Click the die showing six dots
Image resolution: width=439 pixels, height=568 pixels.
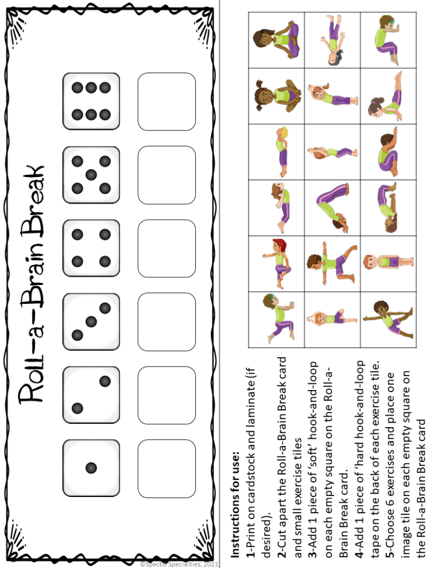click(91, 102)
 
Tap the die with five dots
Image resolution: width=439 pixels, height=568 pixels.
click(91, 175)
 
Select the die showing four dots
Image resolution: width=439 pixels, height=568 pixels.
click(91, 248)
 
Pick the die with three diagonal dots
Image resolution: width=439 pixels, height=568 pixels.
click(91, 322)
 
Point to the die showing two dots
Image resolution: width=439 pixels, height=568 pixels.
click(91, 394)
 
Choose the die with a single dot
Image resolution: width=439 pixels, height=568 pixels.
click(91, 468)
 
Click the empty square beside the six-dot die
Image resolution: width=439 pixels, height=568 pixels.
click(166, 102)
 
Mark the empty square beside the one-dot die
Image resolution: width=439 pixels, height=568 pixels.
click(166, 468)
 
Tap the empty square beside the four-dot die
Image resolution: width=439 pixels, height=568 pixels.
click(166, 248)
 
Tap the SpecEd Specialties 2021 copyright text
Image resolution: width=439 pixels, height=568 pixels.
click(179, 564)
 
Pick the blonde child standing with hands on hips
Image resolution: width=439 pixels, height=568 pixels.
click(388, 262)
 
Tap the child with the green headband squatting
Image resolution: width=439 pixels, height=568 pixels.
click(388, 40)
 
